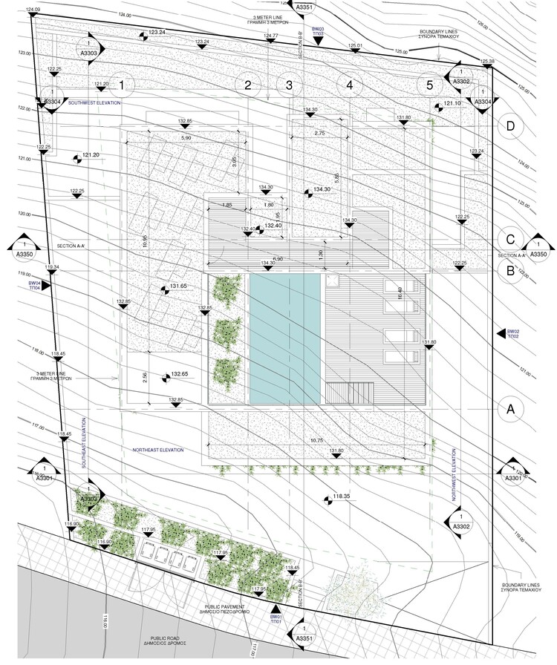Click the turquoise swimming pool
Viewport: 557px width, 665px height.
pyautogui.click(x=285, y=338)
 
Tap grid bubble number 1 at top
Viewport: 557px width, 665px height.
pyautogui.click(x=124, y=85)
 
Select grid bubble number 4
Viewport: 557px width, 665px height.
pyautogui.click(x=349, y=85)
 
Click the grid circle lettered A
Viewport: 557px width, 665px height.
pyautogui.click(x=509, y=407)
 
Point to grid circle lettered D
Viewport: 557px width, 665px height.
pyautogui.click(x=509, y=126)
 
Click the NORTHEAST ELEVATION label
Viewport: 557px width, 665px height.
pyautogui.click(x=157, y=450)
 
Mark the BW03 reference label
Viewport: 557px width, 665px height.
pyautogui.click(x=318, y=31)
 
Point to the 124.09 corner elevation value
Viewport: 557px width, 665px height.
pyautogui.click(x=33, y=9)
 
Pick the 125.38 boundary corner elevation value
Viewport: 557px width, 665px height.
pyautogui.click(x=487, y=61)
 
